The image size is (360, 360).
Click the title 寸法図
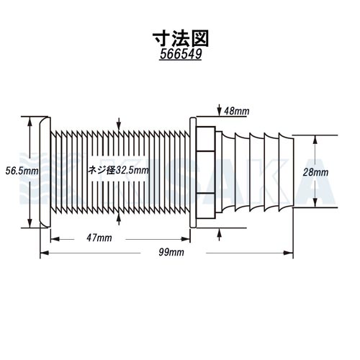click(x=181, y=39)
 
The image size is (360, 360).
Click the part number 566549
click(x=181, y=54)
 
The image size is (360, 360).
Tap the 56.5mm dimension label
click(x=22, y=171)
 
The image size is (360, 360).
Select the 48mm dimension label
click(x=237, y=111)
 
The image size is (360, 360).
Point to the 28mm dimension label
click(x=315, y=172)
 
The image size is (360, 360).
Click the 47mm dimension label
click(x=99, y=238)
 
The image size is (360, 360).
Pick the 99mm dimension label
click(x=171, y=252)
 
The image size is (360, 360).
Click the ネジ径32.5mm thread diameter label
click(x=118, y=170)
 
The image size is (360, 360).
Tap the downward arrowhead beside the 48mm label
click(x=219, y=112)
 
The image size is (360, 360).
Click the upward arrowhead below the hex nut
click(x=219, y=233)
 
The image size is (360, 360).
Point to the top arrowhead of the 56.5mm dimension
click(x=30, y=122)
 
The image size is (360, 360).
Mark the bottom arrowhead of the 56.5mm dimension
click(x=30, y=222)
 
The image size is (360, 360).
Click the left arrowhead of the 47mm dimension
click(x=55, y=239)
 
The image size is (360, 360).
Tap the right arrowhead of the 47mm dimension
click(x=185, y=239)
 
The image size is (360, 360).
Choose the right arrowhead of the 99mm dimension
click(x=288, y=253)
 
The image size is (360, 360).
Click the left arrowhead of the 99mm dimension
click(x=45, y=253)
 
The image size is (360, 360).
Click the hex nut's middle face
click(x=205, y=172)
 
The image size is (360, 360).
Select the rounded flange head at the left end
click(x=45, y=172)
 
